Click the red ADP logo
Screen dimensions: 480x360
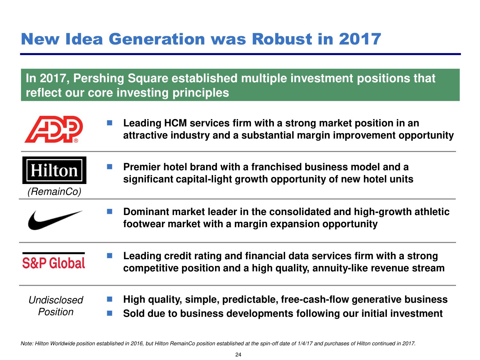click(x=53, y=129)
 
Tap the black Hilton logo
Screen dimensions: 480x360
click(x=54, y=170)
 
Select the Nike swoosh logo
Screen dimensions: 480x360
click(x=55, y=220)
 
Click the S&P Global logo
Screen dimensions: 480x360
click(x=53, y=261)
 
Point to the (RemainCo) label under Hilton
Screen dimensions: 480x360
click(x=54, y=192)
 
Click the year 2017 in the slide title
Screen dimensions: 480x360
click(x=360, y=39)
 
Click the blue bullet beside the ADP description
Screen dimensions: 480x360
click(x=109, y=123)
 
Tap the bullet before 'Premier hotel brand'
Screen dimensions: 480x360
click(x=109, y=167)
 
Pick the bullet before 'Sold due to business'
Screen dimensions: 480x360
click(x=109, y=314)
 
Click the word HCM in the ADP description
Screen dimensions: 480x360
click(x=175, y=123)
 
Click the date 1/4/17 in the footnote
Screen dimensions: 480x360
click(x=305, y=343)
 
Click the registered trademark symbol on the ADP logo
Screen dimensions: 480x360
click(x=76, y=140)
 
